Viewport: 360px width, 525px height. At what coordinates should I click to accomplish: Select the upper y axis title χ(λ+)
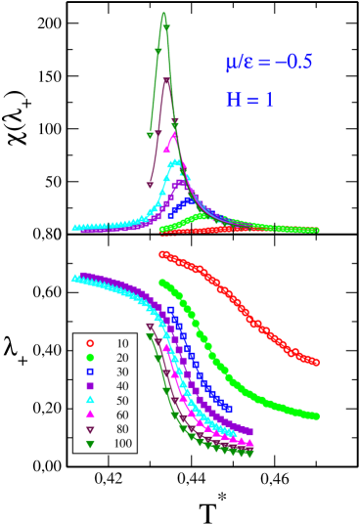point(19,126)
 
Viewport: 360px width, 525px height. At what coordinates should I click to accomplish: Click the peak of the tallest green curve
point(163,13)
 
